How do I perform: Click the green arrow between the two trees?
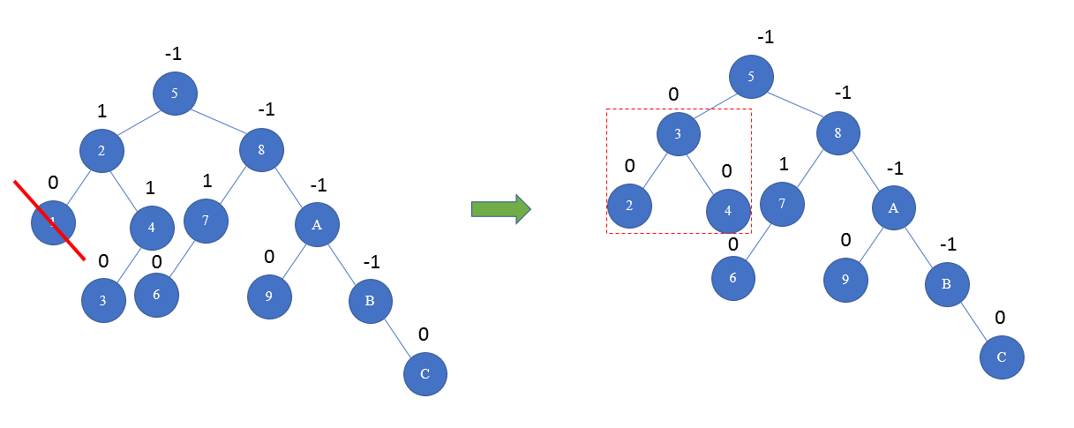click(500, 209)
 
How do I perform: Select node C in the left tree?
click(425, 374)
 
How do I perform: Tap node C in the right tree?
click(1002, 357)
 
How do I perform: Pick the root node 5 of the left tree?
click(175, 93)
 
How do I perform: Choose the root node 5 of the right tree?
click(751, 76)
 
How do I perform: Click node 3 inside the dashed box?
click(678, 134)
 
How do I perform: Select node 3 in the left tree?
click(103, 300)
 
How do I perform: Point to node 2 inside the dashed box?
click(629, 206)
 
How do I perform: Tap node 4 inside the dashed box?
click(728, 211)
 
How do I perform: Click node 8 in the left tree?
click(261, 149)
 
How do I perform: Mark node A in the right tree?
click(894, 208)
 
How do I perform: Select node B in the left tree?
click(370, 301)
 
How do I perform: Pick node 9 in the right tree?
click(845, 281)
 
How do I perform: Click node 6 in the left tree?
click(156, 295)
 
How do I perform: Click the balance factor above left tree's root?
click(174, 55)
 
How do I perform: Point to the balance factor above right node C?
click(1001, 317)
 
